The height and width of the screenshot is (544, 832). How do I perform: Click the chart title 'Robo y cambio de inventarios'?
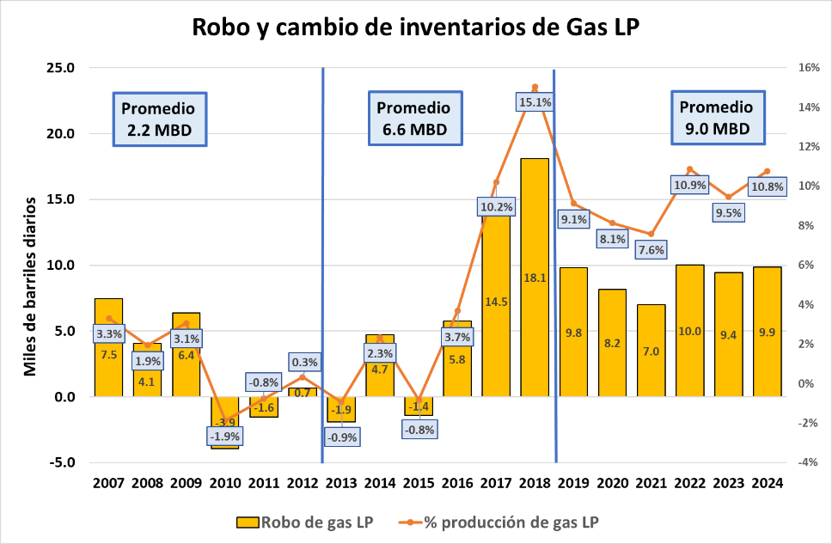pyautogui.click(x=416, y=28)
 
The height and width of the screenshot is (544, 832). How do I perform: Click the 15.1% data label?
pyautogui.click(x=535, y=101)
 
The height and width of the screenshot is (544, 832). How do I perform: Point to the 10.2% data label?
pyautogui.click(x=496, y=206)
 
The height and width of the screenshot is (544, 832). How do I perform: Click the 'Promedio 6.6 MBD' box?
pyautogui.click(x=413, y=119)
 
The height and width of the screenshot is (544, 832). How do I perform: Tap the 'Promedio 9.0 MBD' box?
pyautogui.click(x=716, y=118)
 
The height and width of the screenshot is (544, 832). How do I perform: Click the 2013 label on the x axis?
pyautogui.click(x=341, y=482)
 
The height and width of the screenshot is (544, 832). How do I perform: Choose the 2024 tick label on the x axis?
pyautogui.click(x=768, y=482)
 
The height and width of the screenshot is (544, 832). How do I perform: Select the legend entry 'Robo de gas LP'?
pyautogui.click(x=302, y=521)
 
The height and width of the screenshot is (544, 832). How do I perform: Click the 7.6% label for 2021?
pyautogui.click(x=651, y=250)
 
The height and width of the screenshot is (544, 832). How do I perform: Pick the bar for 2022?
pyautogui.click(x=690, y=331)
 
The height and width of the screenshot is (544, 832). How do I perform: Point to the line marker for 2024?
pyautogui.click(x=768, y=171)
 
